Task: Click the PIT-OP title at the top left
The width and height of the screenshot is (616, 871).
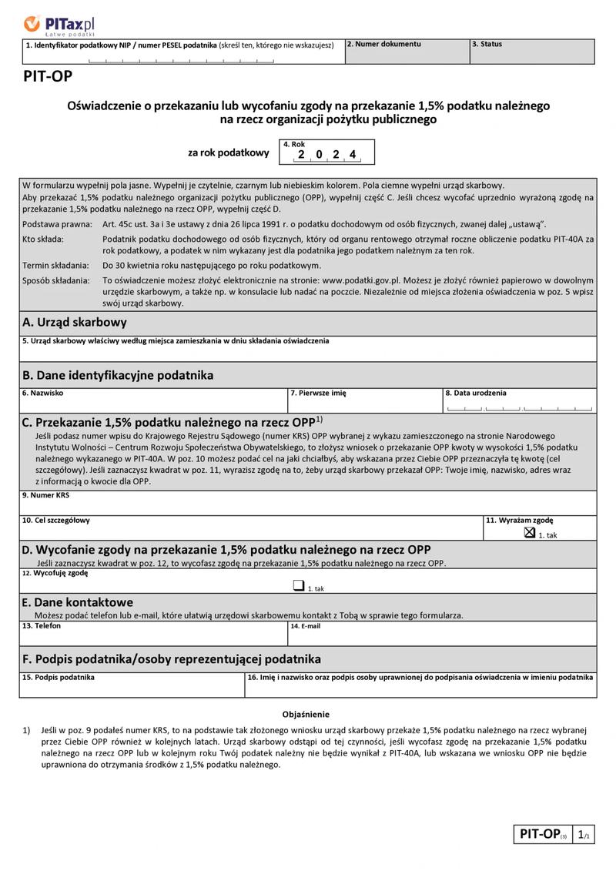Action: [x=47, y=76]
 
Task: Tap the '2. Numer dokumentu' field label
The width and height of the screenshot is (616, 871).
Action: [x=383, y=45]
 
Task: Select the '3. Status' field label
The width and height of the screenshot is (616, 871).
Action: [x=487, y=45]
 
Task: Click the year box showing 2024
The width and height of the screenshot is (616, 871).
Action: [x=327, y=152]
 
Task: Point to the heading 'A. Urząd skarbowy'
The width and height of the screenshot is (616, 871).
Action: [x=75, y=323]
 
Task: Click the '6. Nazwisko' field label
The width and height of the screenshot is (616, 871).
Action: [x=43, y=393]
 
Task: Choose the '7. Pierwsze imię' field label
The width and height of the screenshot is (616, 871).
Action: [x=318, y=393]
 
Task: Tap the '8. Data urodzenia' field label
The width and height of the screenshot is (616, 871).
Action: [x=476, y=393]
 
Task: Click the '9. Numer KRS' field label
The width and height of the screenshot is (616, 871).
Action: [x=46, y=495]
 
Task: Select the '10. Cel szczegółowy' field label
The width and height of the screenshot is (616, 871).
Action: [x=56, y=521]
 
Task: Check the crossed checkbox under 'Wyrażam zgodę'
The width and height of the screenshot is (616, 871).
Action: [x=529, y=532]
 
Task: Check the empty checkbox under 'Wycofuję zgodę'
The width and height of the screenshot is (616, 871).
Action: [x=298, y=585]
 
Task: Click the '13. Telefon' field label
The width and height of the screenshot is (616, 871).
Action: [x=42, y=626]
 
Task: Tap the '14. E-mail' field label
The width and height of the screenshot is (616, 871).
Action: [x=306, y=626]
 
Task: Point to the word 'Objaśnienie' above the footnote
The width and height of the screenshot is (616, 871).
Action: [x=306, y=715]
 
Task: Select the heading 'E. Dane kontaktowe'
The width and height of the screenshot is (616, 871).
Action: [x=78, y=602]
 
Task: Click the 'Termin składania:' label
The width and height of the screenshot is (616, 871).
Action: [x=56, y=265]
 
